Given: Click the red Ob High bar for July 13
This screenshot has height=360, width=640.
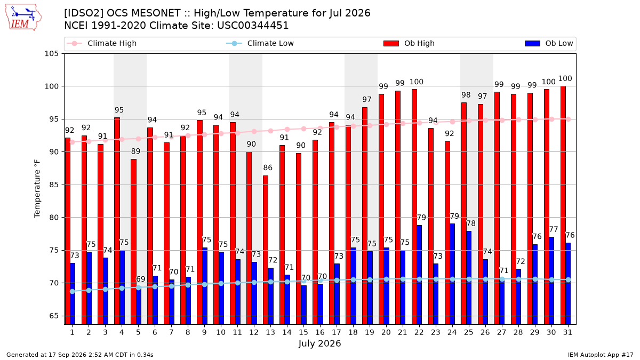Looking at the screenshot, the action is [266, 250].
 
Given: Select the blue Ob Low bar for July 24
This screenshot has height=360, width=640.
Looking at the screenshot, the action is [452, 274].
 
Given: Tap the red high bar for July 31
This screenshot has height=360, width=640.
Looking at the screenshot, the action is [563, 205].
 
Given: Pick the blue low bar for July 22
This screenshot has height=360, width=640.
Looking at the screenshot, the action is [419, 275].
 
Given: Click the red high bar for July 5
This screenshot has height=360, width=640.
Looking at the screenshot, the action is [133, 242].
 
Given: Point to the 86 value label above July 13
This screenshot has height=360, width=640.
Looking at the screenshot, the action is [268, 167].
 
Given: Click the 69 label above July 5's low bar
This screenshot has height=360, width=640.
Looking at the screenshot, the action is [141, 279].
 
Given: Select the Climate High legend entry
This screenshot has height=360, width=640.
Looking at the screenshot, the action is [102, 43].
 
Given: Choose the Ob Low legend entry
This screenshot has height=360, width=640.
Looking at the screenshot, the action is [549, 43].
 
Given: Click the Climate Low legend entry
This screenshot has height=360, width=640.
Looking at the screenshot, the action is [260, 43].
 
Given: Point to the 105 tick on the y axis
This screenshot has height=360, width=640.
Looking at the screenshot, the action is [51, 54].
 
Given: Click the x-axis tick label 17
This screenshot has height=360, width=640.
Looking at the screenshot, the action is [337, 332].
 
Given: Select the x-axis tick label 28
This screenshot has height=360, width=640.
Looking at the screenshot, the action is [518, 332].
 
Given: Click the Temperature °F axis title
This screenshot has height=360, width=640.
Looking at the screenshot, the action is [37, 189].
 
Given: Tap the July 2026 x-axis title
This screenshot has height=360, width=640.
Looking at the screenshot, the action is [319, 343].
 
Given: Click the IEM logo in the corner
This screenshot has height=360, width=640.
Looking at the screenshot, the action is [23, 18].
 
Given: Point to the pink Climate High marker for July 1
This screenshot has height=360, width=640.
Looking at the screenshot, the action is [73, 142].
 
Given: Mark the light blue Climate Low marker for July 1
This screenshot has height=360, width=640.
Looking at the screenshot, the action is [73, 291].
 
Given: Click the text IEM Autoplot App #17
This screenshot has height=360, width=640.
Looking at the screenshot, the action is [601, 355].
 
